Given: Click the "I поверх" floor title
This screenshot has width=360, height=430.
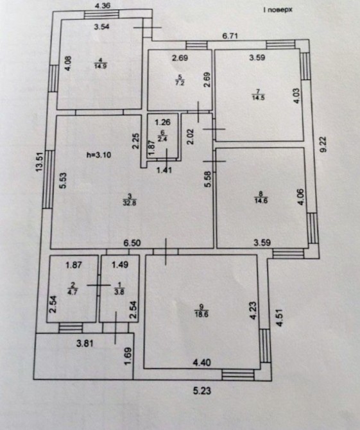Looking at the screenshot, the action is click(277, 10).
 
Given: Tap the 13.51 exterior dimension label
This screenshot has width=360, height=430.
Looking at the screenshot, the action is click(40, 162).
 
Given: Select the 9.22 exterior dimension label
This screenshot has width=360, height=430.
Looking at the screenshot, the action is click(323, 144).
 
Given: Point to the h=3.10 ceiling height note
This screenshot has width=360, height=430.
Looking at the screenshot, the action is click(99, 155).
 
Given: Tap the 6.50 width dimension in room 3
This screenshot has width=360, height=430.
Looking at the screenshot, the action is click(132, 243).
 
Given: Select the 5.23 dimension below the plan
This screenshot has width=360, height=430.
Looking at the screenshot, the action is click(202, 390).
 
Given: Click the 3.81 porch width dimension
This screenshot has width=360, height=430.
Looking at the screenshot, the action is click(85, 343).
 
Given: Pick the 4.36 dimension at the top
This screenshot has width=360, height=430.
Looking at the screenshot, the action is click(102, 6).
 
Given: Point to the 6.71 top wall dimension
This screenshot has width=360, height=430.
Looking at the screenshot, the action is click(230, 36).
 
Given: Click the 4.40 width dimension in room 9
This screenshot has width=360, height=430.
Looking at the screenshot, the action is click(202, 363).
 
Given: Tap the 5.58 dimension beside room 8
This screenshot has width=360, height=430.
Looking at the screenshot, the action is click(208, 179).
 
